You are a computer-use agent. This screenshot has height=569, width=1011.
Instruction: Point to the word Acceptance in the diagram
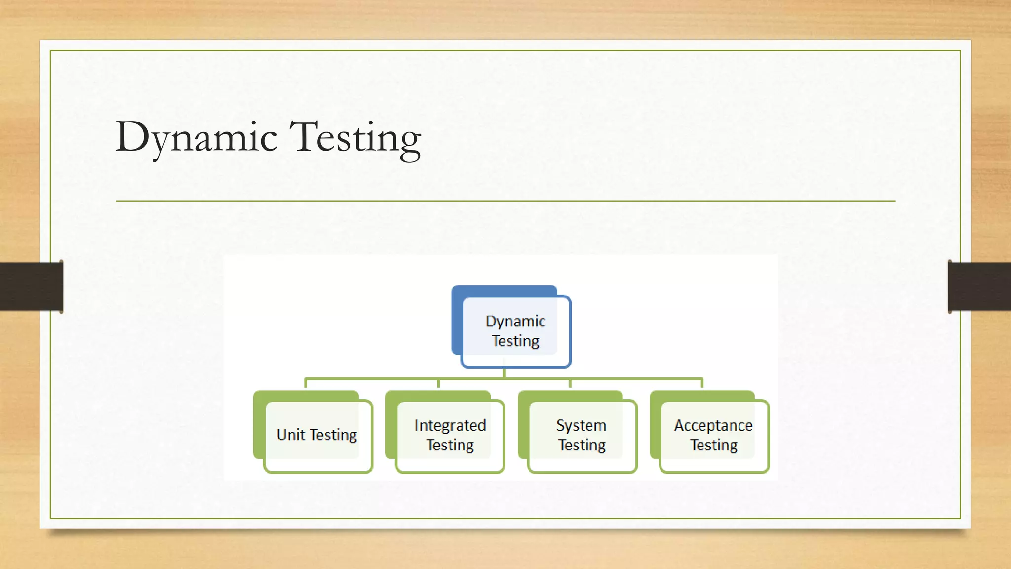tap(713, 425)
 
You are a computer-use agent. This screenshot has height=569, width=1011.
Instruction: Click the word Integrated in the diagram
tap(450, 425)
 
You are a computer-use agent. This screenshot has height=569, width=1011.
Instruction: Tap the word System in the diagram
tap(581, 425)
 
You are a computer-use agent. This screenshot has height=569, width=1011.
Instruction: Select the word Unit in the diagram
tap(290, 435)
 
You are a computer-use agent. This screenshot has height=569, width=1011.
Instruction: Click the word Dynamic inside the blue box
tap(515, 322)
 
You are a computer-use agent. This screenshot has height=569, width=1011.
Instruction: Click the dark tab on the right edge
tap(979, 286)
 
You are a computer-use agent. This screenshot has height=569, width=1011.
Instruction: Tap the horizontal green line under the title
tap(505, 201)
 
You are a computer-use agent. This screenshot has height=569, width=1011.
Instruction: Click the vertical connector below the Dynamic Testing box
tap(504, 373)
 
